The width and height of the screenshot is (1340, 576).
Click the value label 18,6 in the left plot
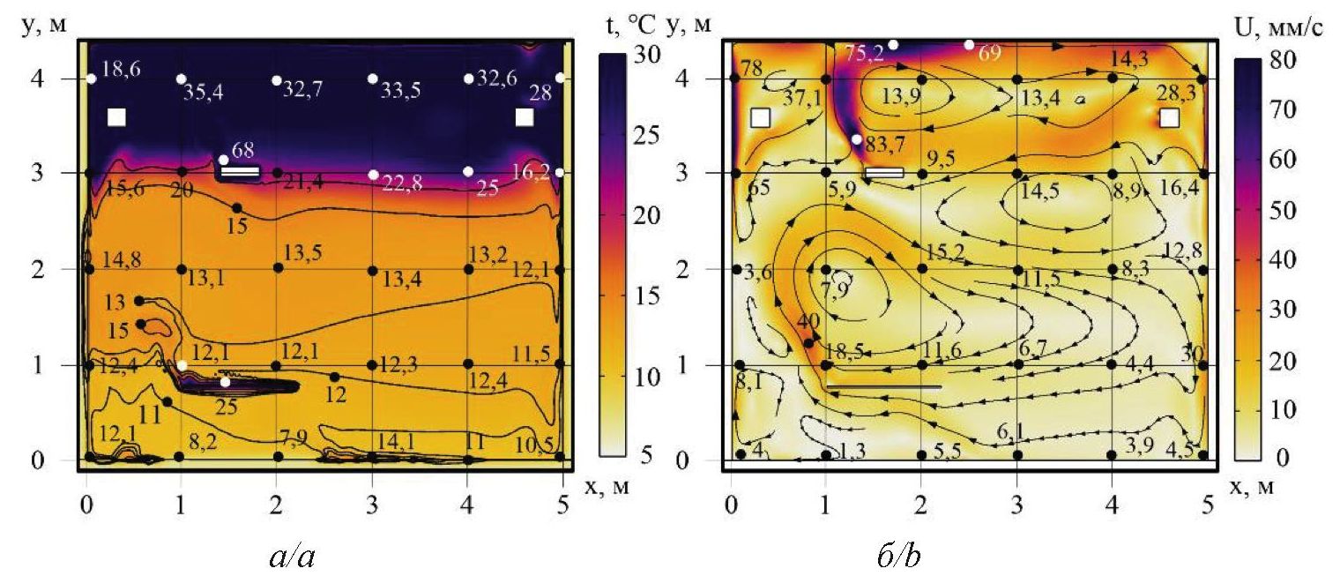pos(120,70)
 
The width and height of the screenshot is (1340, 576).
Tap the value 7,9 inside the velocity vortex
pos(832,287)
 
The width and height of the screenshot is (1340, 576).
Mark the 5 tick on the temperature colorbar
pos(647,457)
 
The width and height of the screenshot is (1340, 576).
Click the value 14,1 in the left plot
pos(396,441)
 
